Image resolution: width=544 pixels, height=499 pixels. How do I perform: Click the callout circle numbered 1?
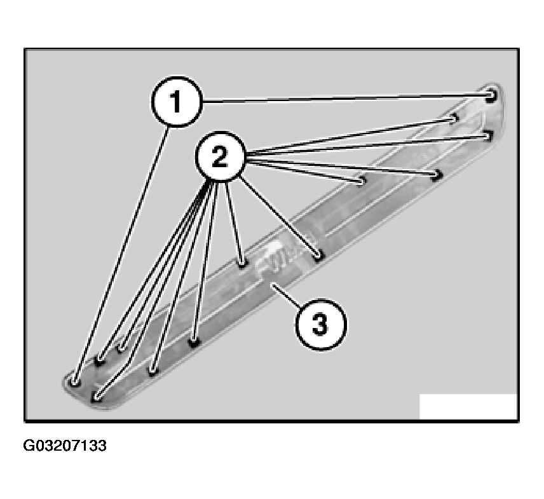tap(177, 102)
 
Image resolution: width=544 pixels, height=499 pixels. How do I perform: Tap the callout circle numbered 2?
tap(221, 157)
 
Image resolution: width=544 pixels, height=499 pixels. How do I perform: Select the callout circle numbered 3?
tap(320, 324)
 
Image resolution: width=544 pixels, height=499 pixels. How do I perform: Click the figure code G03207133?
tap(65, 446)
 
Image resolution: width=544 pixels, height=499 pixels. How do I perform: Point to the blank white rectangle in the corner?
tap(468, 406)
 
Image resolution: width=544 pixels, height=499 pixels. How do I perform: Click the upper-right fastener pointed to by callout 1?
tap(491, 95)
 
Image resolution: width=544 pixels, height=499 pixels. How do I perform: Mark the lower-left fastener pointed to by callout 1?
tap(76, 383)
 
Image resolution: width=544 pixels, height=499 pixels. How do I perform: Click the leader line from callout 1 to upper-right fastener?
tap(344, 98)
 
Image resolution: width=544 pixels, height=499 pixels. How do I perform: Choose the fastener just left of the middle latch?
tap(243, 264)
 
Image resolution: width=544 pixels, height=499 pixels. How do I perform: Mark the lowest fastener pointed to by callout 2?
tap(97, 396)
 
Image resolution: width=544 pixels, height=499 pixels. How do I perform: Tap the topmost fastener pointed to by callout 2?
tap(454, 118)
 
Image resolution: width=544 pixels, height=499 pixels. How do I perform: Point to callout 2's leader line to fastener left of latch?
tap(233, 221)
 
